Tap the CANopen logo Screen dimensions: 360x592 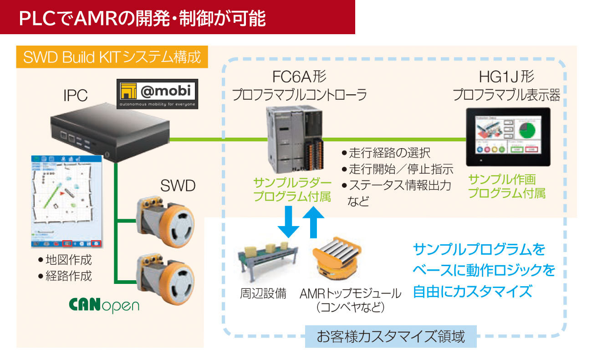coord(104,305)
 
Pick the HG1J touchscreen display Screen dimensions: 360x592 coord(507,136)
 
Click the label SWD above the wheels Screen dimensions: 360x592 coord(178,185)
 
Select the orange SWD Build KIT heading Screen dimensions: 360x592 coord(112,57)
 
